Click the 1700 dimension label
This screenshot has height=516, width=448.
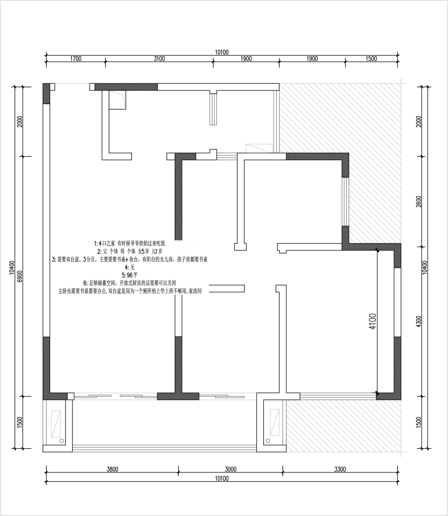coord(76,59)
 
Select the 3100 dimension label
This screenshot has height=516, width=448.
coord(159,59)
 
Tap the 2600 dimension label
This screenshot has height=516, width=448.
coord(419,201)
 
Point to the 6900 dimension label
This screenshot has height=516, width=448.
coord(19,276)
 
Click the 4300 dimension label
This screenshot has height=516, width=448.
coord(419,322)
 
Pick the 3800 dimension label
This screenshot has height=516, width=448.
coord(112,469)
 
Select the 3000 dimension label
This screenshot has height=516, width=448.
coord(231,469)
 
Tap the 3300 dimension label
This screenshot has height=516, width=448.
coord(340,469)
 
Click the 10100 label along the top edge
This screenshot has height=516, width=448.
coord(222,52)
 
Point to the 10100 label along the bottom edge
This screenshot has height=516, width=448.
coord(222,478)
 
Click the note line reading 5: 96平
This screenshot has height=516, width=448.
coord(129,275)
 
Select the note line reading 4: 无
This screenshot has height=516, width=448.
coord(129,267)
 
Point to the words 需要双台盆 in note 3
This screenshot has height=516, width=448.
coord(69,259)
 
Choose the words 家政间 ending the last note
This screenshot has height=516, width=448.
coord(195,291)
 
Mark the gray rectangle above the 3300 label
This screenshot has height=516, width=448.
coord(344,427)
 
